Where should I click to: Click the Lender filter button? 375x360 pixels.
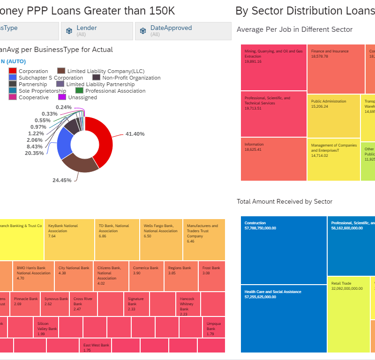click(x=97, y=31)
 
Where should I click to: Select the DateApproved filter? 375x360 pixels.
click(x=183, y=31)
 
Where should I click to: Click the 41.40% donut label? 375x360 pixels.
click(x=135, y=134)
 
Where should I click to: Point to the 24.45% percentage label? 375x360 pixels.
click(x=62, y=180)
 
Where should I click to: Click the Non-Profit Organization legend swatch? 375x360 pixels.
click(x=97, y=78)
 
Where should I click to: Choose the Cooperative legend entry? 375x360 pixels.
click(x=33, y=97)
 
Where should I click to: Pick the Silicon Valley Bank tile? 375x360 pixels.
click(x=47, y=327)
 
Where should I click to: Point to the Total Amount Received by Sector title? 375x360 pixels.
click(x=285, y=201)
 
